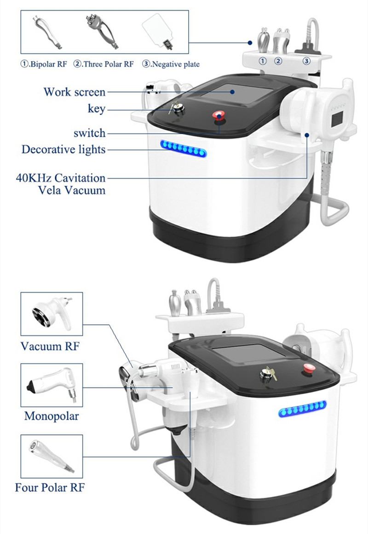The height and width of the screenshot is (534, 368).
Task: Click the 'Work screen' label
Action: [x=75, y=92]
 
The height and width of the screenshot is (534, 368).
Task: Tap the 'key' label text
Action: [x=97, y=109]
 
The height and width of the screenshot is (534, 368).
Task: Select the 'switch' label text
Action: [x=89, y=133]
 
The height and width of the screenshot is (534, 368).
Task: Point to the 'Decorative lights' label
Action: [x=63, y=149]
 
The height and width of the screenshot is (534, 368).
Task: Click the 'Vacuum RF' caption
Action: [x=50, y=346]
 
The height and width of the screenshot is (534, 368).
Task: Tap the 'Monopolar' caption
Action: [x=52, y=416]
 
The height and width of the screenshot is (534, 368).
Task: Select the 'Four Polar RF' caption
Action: [x=50, y=487]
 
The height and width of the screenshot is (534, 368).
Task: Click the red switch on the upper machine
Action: [x=218, y=116]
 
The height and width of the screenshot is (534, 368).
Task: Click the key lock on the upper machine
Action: [x=177, y=109]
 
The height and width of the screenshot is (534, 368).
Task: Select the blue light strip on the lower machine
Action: [x=302, y=409]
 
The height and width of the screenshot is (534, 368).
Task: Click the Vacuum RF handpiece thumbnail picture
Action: [x=52, y=314]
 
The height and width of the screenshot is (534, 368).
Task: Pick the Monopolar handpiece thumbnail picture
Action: [x=51, y=385]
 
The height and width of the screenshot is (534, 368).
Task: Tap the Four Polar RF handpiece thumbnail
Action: [x=51, y=456]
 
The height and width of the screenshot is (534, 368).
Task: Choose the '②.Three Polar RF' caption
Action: [x=103, y=64]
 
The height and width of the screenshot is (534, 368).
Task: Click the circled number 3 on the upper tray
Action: [x=306, y=61]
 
